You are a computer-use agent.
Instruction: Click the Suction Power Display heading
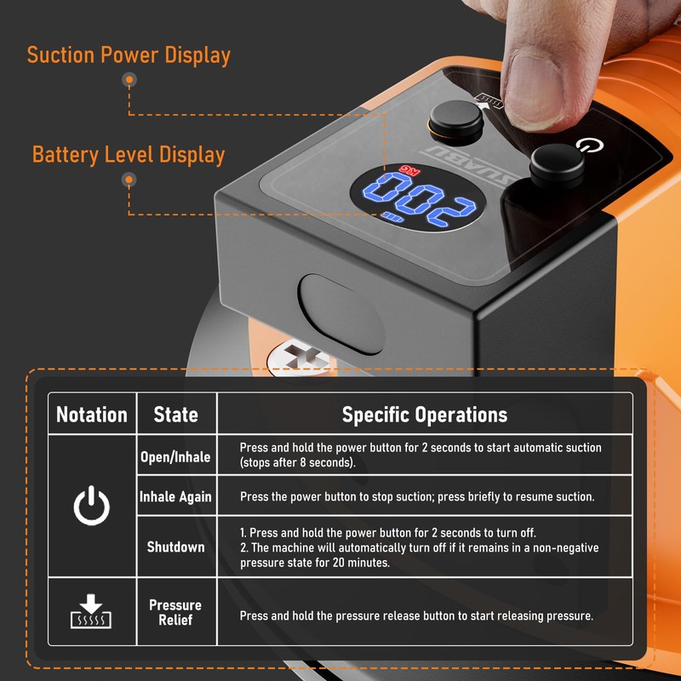click(129, 55)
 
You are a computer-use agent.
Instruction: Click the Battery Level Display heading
click(129, 155)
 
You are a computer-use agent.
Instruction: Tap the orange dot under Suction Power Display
click(129, 80)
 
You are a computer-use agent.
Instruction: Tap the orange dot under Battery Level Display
click(129, 180)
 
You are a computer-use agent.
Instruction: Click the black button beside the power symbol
click(557, 164)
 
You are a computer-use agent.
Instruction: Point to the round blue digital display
click(418, 202)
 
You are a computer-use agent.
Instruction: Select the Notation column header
click(92, 415)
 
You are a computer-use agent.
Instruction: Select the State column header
click(176, 415)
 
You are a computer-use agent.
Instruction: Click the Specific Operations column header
click(424, 415)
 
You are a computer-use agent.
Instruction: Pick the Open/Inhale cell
click(175, 456)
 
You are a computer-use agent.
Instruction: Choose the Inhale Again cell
click(175, 496)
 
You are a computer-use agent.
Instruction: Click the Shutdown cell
click(175, 547)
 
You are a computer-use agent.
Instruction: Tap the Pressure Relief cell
click(175, 612)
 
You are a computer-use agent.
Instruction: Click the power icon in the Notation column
click(91, 507)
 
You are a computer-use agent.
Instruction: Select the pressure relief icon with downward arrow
click(91, 611)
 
